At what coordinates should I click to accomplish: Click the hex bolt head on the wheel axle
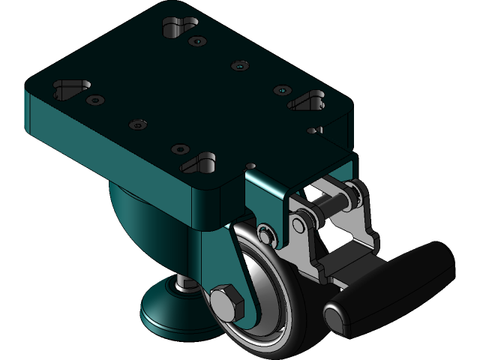[226, 302]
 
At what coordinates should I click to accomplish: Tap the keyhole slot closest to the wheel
[200, 160]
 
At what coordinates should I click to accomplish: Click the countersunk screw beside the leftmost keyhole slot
[95, 100]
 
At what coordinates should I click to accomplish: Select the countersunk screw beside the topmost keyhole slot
[196, 41]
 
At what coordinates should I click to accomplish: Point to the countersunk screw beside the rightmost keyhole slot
[281, 90]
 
